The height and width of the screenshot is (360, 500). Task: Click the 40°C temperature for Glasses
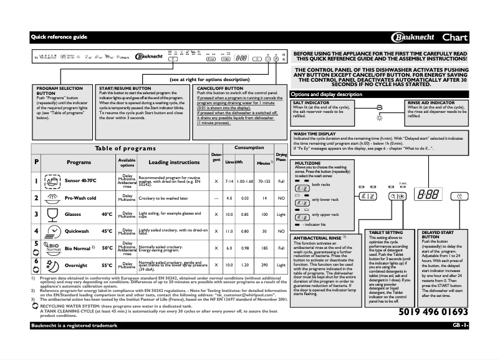106,215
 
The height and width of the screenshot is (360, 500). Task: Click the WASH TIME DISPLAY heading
315,134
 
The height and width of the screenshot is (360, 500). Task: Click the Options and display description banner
327,94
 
